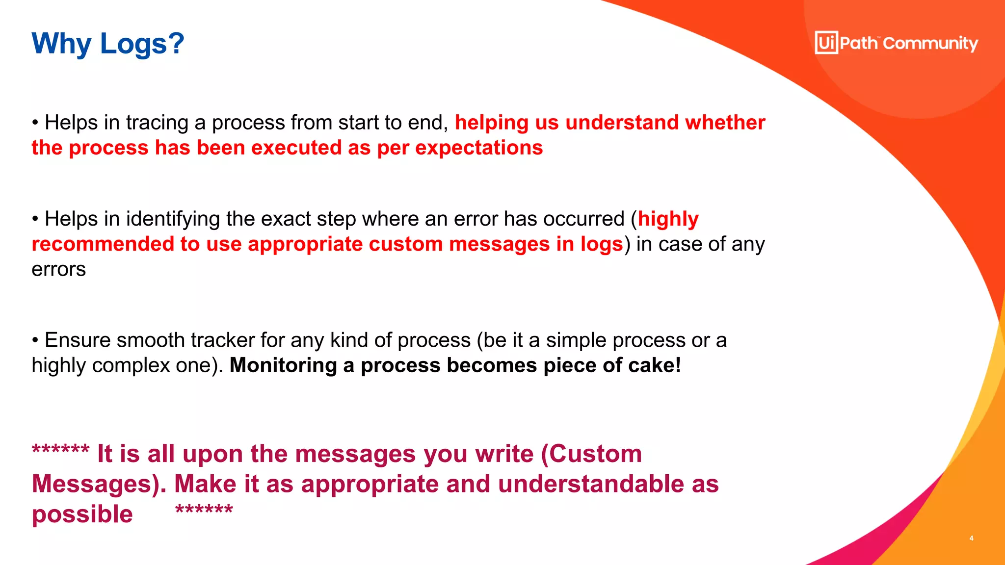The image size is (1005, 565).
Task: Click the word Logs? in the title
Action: coord(142,44)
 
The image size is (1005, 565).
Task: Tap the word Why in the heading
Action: coord(61,44)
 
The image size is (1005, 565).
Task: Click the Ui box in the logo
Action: coord(826,43)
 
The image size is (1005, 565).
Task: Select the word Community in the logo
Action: coord(930,44)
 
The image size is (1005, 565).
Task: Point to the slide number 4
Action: coord(971,538)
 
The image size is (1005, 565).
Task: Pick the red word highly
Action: coord(668,219)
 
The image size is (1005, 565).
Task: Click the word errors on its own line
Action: coord(58,269)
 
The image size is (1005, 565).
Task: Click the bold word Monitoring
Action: coord(283,365)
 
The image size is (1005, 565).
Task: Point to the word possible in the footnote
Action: coord(82,514)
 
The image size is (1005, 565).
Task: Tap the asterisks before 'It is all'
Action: coord(60,449)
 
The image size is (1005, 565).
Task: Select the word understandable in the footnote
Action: coord(591,484)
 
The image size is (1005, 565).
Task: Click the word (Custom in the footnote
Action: coord(591,454)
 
